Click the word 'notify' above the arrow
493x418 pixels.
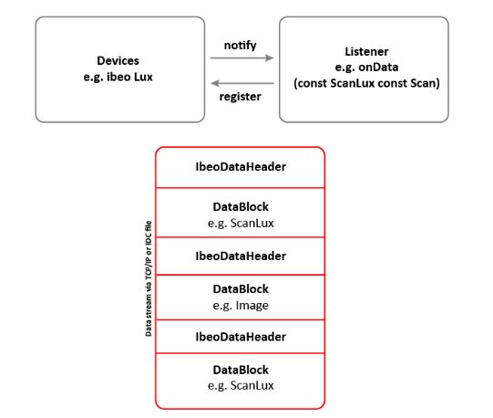click(x=240, y=46)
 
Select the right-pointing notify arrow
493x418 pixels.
click(x=241, y=58)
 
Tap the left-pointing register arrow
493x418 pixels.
click(x=242, y=83)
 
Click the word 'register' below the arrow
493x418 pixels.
click(x=240, y=97)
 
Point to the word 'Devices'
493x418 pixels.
click(x=118, y=60)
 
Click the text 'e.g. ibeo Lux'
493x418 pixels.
click(x=118, y=77)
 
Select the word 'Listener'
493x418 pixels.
click(x=366, y=51)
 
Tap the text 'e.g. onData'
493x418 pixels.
click(x=366, y=68)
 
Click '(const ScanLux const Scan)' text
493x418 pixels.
click(x=366, y=83)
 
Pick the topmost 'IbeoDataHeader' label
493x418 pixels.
click(x=241, y=167)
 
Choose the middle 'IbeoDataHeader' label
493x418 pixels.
click(x=241, y=256)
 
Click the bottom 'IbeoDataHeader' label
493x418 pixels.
click(x=241, y=337)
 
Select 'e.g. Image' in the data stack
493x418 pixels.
click(x=241, y=305)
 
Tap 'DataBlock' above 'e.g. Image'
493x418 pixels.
click(x=241, y=288)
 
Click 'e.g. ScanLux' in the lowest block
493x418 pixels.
click(x=241, y=385)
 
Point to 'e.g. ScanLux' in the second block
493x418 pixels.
click(x=241, y=223)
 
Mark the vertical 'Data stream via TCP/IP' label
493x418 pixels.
click(x=149, y=278)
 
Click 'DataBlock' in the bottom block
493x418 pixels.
click(x=241, y=370)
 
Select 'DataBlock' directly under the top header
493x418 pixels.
click(x=241, y=207)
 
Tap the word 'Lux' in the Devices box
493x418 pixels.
click(x=143, y=77)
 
